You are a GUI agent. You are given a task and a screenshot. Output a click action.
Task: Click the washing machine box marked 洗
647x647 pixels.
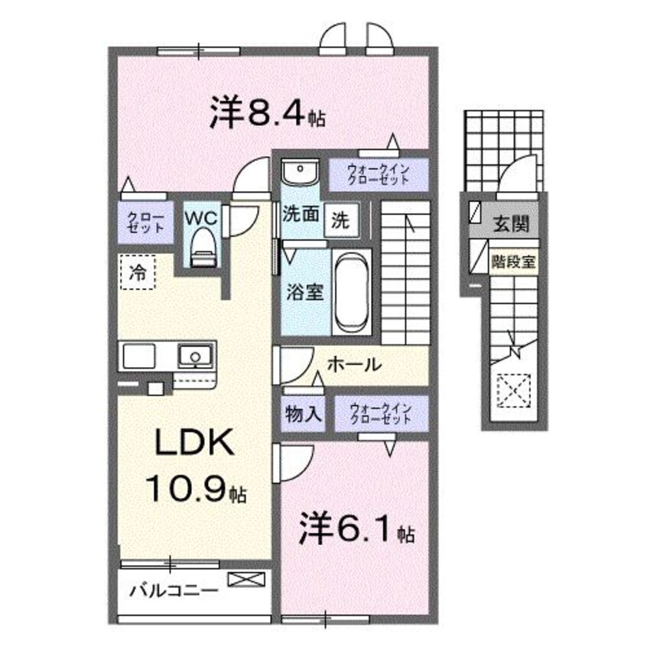click(340, 221)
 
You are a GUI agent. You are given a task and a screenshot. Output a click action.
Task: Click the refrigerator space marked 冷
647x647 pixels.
click(138, 270)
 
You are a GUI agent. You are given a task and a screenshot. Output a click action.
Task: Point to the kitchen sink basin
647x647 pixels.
click(195, 356)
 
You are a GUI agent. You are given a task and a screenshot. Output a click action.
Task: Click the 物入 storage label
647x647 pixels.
click(304, 415)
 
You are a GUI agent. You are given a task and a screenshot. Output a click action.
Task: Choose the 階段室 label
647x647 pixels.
click(514, 260)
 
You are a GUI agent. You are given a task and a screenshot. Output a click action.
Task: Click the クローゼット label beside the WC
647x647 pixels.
click(145, 222)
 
